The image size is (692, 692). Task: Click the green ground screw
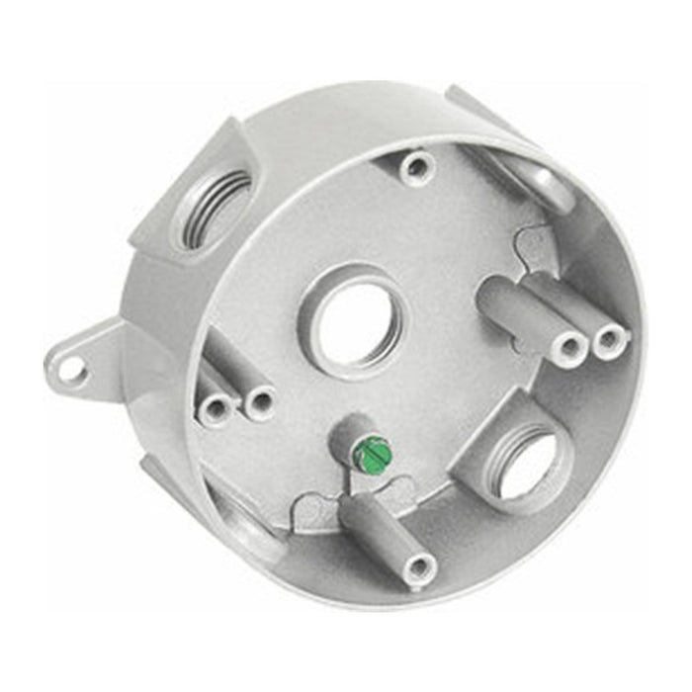(x=372, y=456)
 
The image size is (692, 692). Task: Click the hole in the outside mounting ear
(x=70, y=369)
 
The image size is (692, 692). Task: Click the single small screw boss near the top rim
(x=414, y=165)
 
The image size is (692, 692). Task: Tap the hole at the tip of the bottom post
(x=420, y=566)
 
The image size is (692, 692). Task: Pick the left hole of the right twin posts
(x=571, y=347)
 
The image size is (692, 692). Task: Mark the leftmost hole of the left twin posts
(x=216, y=407)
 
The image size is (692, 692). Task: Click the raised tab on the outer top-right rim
(x=475, y=108)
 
